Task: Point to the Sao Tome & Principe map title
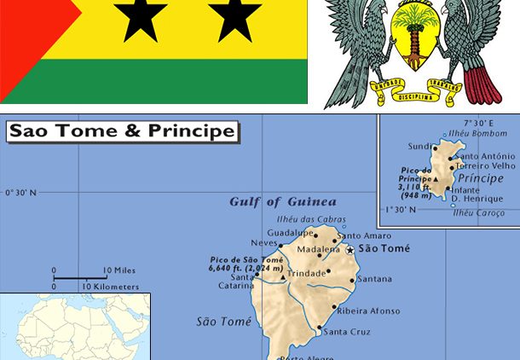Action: pos(122,131)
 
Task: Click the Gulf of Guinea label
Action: pos(282,202)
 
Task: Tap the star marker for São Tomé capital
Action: pos(350,249)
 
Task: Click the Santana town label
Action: pos(375,279)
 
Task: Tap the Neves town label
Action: pos(263,243)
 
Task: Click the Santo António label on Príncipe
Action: pos(485,157)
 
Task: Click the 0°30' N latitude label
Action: pos(20,192)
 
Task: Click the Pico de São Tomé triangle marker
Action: pos(283,277)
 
